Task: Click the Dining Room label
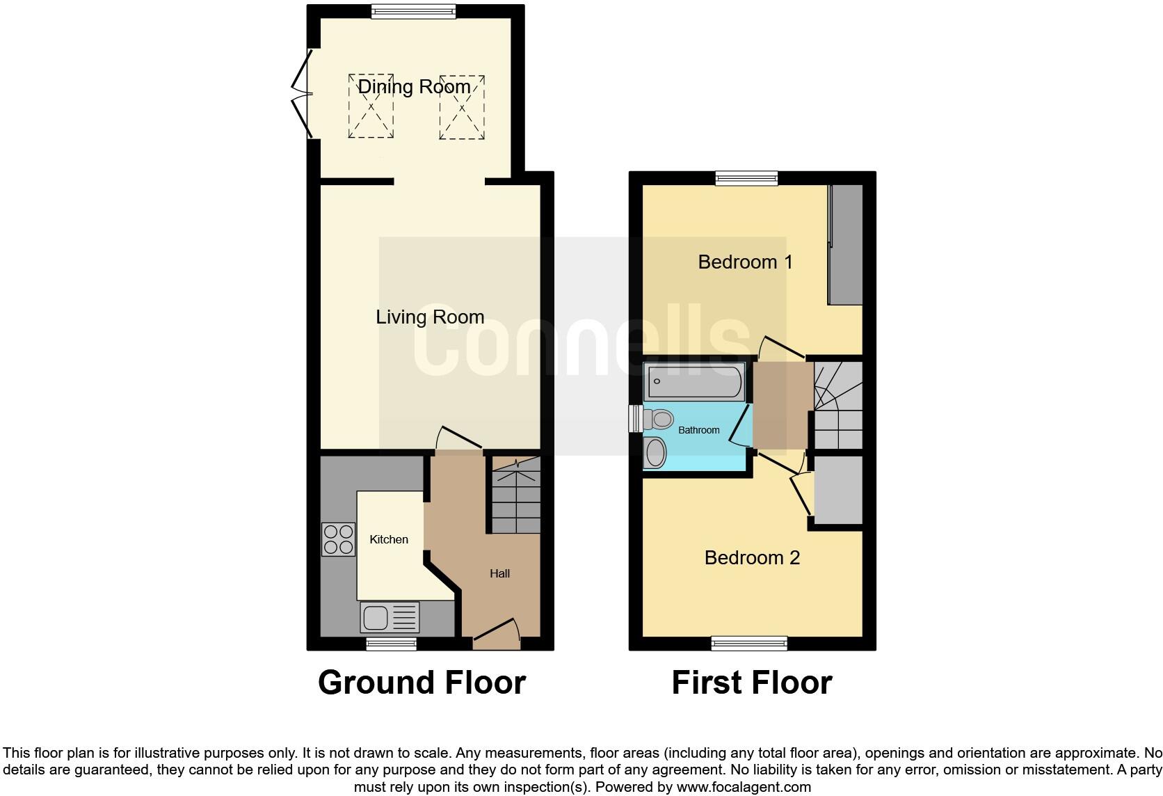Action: click(x=414, y=87)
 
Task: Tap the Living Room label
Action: click(x=430, y=317)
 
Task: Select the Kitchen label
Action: click(x=389, y=539)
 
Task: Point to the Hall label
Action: click(x=499, y=573)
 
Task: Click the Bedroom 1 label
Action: click(x=745, y=262)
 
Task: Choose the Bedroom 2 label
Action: click(x=752, y=557)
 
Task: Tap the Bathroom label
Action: click(x=698, y=430)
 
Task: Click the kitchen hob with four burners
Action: click(x=338, y=539)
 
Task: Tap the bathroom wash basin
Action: click(x=655, y=454)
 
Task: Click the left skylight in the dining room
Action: click(x=371, y=106)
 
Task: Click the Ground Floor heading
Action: click(x=422, y=683)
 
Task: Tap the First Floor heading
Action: click(x=751, y=683)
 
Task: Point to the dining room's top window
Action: click(x=413, y=11)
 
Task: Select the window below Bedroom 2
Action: click(x=749, y=643)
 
